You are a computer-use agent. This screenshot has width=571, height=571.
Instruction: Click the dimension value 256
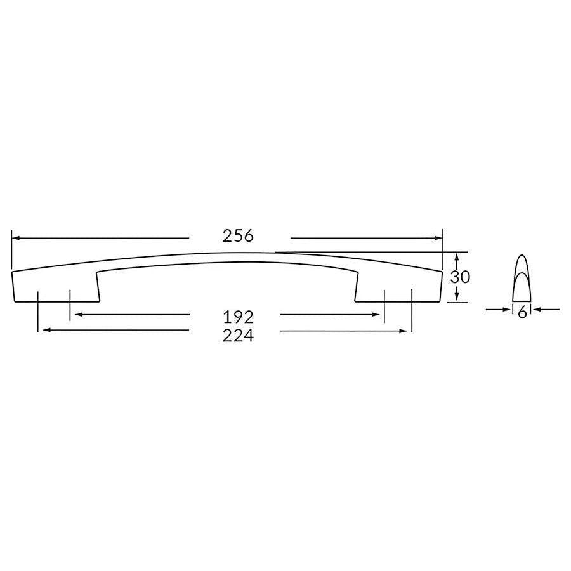[x=238, y=236]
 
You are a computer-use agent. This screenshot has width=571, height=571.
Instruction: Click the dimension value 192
[x=238, y=315]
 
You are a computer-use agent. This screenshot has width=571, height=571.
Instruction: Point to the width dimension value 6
[x=522, y=312]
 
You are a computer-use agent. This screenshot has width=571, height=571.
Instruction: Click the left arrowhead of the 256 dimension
[x=16, y=239]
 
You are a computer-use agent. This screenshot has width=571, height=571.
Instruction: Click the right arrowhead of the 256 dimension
[x=438, y=239]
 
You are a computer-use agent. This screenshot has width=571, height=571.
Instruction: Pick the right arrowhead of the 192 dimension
[x=379, y=314]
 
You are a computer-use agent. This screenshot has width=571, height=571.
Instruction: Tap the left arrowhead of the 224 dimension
[x=43, y=330]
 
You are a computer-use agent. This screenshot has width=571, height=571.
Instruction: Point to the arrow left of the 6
[x=505, y=309]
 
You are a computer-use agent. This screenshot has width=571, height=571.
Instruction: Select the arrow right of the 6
[x=539, y=309]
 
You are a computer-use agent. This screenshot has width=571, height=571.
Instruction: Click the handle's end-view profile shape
[x=522, y=279]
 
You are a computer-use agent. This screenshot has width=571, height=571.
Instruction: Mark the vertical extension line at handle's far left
[x=11, y=251]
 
